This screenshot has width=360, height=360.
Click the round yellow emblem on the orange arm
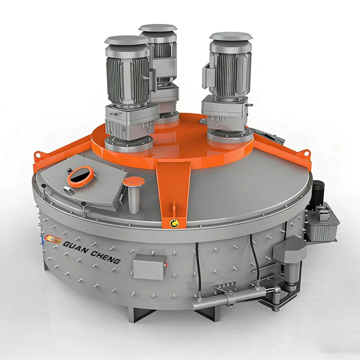pos(172,221)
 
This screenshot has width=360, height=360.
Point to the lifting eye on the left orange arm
pos(37,156)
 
